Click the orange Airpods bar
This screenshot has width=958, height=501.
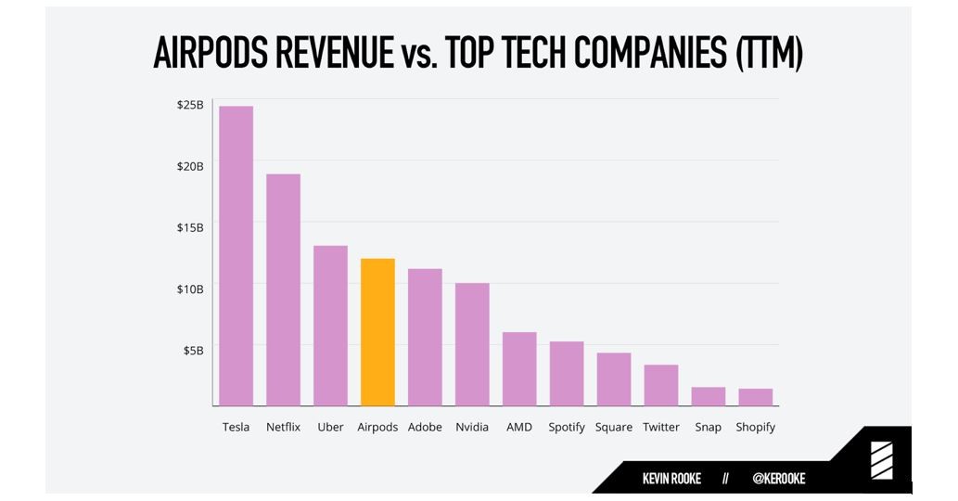(377, 332)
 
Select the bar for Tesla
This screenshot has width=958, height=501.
(236, 256)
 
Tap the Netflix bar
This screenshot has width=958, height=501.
(283, 289)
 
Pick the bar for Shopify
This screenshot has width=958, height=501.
(755, 397)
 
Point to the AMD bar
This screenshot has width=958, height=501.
(519, 368)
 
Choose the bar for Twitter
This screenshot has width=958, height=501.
(661, 385)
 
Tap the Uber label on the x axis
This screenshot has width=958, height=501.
(330, 428)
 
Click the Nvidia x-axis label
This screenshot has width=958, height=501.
(472, 428)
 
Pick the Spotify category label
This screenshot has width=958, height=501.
(567, 428)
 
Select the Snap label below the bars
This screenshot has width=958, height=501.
(708, 428)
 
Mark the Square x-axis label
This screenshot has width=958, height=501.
(614, 428)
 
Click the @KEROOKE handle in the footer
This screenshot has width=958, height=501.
(779, 479)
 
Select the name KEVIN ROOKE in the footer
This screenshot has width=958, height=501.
(671, 479)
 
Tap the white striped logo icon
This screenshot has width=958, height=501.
(881, 461)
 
